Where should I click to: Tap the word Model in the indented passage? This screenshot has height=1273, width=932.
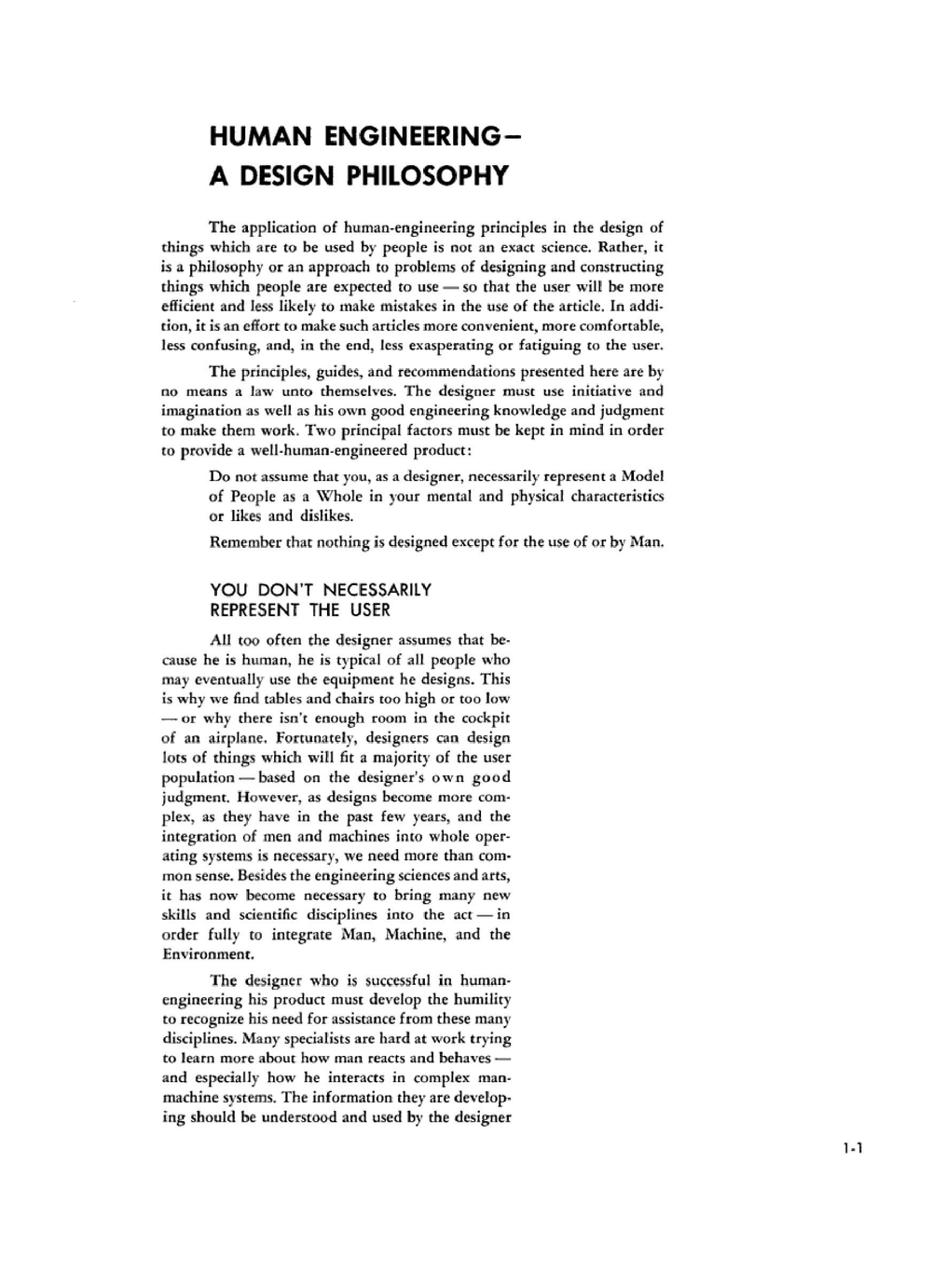click(x=642, y=476)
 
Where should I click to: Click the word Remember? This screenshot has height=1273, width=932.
click(x=245, y=542)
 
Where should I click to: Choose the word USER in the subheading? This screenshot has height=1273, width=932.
click(x=370, y=610)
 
